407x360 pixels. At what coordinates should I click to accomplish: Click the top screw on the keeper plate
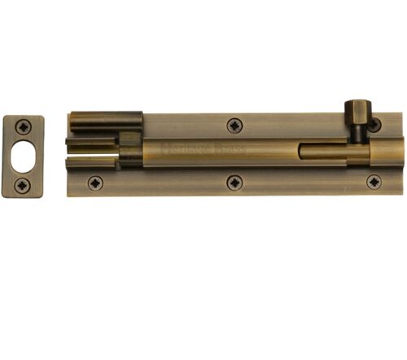(24, 126)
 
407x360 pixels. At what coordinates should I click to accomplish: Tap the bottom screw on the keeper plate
(24, 185)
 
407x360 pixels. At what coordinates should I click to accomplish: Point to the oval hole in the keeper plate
(24, 156)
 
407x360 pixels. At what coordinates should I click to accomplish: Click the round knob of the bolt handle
(356, 109)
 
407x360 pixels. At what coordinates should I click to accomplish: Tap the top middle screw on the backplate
(234, 125)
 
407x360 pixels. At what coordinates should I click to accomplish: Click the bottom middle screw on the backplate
(234, 182)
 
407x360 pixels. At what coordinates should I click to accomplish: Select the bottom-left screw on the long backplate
(95, 182)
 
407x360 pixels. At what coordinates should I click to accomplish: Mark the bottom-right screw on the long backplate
(374, 182)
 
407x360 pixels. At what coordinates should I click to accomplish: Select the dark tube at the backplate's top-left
(106, 123)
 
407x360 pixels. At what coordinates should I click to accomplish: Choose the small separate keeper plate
(24, 156)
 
